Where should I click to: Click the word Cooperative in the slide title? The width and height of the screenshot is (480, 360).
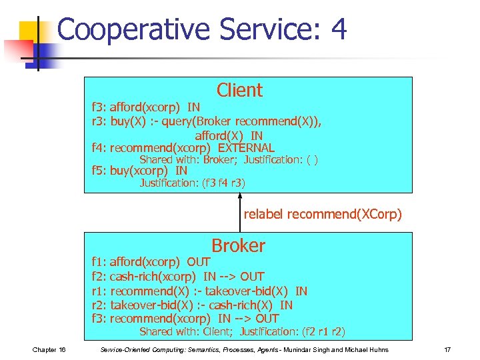point(133,31)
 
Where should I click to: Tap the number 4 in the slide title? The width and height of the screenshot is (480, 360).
point(338,31)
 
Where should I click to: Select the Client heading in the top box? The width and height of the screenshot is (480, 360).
point(239,90)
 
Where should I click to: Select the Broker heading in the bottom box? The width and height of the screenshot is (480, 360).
point(238,245)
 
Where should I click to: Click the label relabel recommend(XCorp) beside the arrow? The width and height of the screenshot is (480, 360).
point(323,214)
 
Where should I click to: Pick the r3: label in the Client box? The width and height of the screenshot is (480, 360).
point(99,121)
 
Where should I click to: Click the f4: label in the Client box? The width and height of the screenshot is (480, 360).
point(99,148)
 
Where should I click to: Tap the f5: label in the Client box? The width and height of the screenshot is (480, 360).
point(99,171)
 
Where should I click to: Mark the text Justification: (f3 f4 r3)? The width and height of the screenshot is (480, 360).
point(192,183)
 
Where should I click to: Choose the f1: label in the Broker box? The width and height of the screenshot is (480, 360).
point(99,262)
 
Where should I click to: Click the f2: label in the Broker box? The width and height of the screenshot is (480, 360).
point(99,277)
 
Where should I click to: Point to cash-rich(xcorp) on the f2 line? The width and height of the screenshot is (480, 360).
point(153,277)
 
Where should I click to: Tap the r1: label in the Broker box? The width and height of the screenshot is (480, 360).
point(99,291)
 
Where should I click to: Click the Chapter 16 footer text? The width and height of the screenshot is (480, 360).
point(48,350)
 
